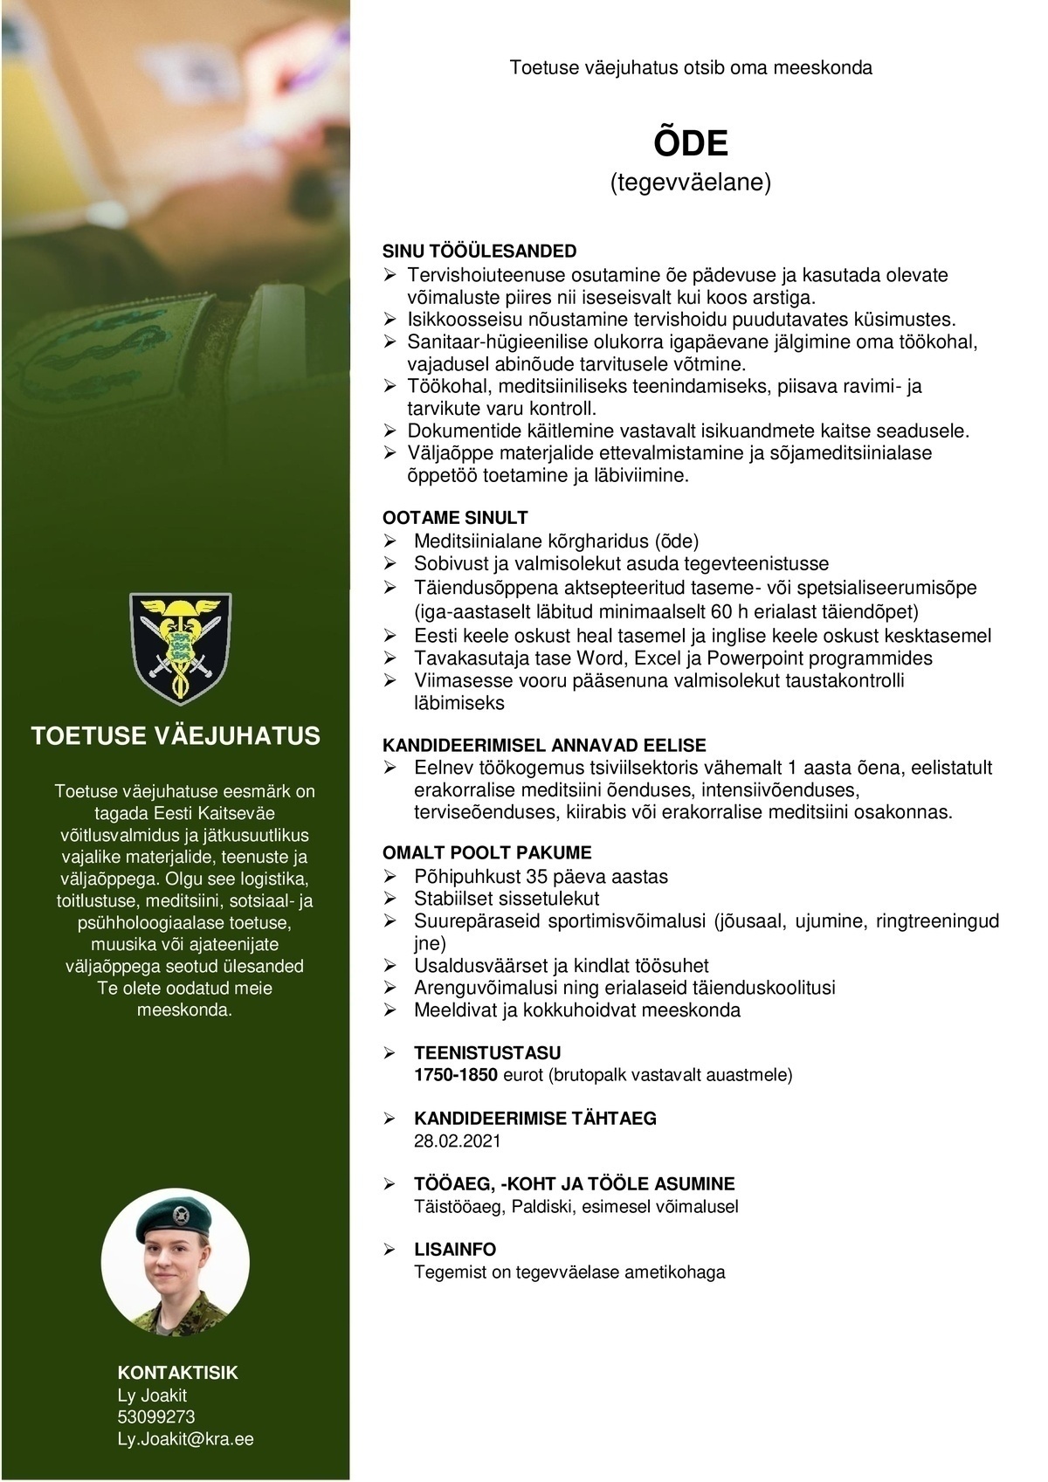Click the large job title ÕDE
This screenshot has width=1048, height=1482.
click(690, 143)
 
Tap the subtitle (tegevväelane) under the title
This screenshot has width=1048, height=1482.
click(690, 183)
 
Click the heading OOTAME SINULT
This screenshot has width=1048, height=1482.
click(455, 518)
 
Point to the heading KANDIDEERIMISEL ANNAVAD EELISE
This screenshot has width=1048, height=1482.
click(545, 745)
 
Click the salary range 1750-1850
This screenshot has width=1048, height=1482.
click(454, 1075)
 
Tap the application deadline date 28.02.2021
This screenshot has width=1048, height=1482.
click(458, 1141)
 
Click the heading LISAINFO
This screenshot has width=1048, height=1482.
click(455, 1249)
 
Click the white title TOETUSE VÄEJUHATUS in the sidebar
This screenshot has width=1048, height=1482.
click(176, 736)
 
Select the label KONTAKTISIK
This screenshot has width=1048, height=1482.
click(177, 1373)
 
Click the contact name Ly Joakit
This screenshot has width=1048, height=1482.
click(152, 1395)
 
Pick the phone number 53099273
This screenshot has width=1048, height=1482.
click(156, 1417)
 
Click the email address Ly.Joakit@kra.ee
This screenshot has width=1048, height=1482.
click(185, 1438)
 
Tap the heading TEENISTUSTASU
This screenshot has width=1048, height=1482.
click(487, 1052)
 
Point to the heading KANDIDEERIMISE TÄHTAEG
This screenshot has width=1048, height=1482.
click(534, 1118)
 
